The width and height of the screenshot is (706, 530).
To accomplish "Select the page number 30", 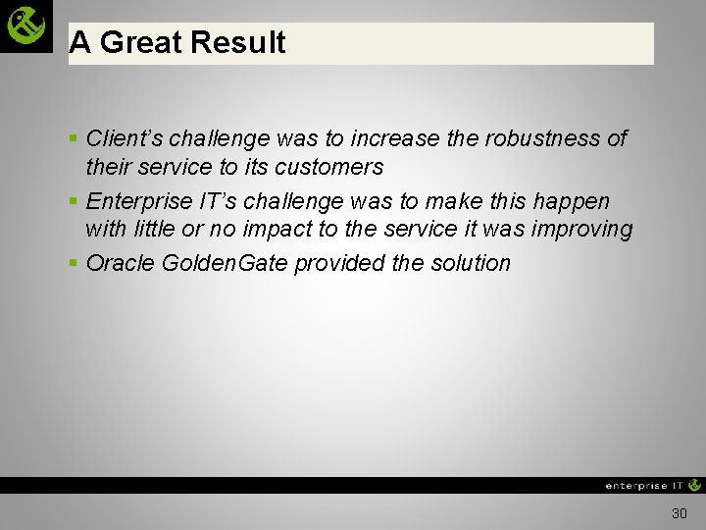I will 680,513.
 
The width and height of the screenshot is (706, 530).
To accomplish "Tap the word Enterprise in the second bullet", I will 135,201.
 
